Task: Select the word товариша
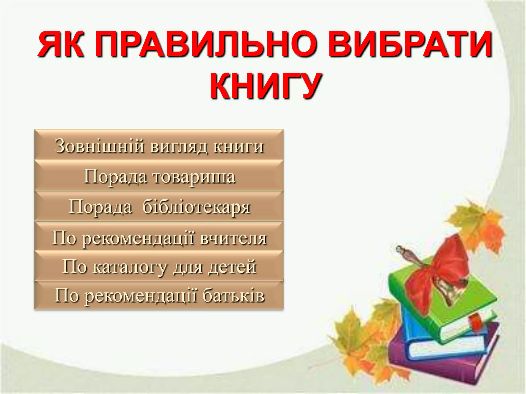pos(194,177)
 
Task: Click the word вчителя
pos(233,238)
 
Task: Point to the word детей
pos(232,267)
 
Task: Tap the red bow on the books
pos(437,272)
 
